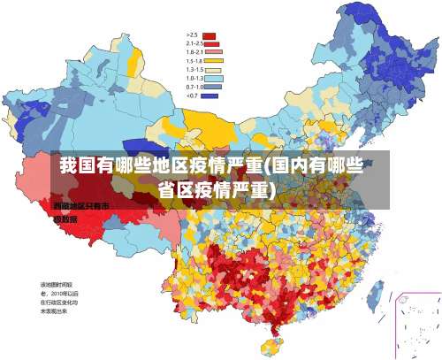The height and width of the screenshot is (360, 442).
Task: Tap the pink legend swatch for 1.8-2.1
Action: (215, 52)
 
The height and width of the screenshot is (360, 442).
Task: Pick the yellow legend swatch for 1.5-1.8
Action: (215, 61)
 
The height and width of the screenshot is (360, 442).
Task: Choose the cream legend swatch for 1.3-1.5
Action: (213, 69)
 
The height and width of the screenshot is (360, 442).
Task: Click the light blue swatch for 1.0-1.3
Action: (213, 78)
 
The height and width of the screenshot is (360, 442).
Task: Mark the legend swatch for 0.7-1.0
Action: (213, 87)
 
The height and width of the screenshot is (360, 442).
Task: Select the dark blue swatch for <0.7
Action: (210, 95)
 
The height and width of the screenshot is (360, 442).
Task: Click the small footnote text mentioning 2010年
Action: (59, 297)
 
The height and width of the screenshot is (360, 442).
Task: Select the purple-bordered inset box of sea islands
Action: (417, 326)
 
